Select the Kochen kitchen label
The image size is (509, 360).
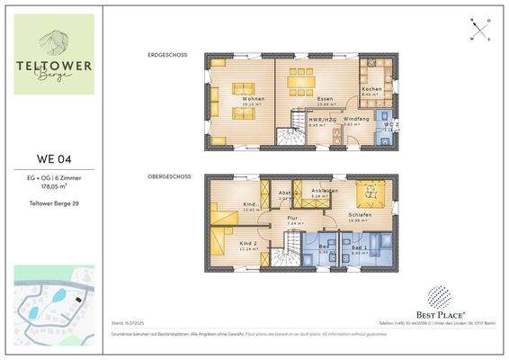pyautogui.click(x=371, y=90)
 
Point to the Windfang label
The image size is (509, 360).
pyautogui.click(x=357, y=120)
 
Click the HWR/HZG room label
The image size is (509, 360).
pyautogui.click(x=321, y=120)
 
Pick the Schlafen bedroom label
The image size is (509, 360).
pyautogui.click(x=361, y=215)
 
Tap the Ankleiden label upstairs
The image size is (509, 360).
pyautogui.click(x=325, y=191)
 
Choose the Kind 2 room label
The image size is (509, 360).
pyautogui.click(x=249, y=244)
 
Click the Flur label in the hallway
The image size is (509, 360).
pyautogui.click(x=292, y=218)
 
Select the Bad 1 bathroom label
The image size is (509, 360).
pyautogui.click(x=360, y=247)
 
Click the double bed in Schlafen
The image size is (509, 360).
pyautogui.click(x=367, y=193)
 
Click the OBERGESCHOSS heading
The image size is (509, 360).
pyautogui.click(x=168, y=177)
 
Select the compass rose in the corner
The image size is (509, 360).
pyautogui.click(x=481, y=29)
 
